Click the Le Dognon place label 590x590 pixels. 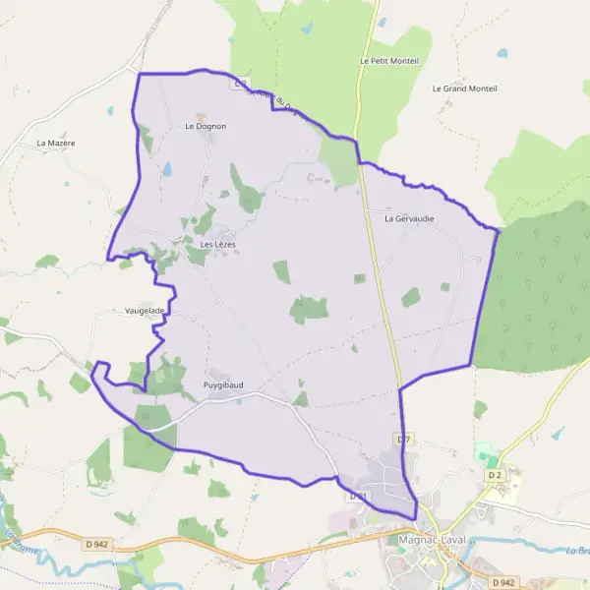(206, 126)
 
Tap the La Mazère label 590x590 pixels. (56, 143)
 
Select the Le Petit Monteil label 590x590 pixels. (389, 61)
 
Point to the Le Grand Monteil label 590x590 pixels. (464, 88)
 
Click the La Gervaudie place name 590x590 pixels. (409, 218)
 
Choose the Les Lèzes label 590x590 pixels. (217, 244)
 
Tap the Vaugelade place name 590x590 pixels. (145, 310)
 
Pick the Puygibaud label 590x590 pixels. (223, 384)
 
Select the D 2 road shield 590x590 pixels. (495, 476)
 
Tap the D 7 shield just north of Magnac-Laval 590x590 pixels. (403, 436)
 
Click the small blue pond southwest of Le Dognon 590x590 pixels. (167, 169)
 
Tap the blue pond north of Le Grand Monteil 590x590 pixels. (502, 53)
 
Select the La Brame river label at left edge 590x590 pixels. (13, 541)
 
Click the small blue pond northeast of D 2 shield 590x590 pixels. (557, 432)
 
